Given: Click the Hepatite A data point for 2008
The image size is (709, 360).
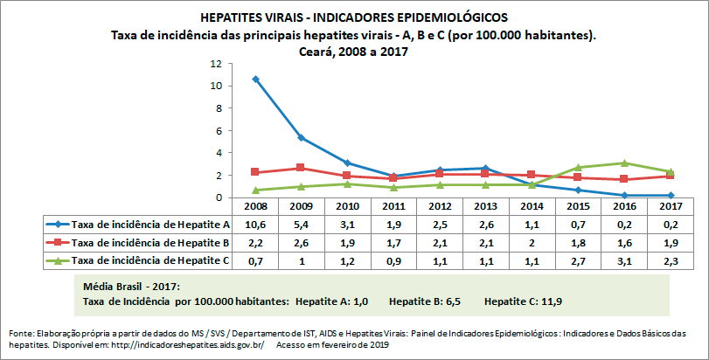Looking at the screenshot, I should [x=255, y=79].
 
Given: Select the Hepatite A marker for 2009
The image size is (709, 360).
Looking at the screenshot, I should [x=301, y=137].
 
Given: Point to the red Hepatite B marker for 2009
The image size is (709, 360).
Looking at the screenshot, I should [x=301, y=168].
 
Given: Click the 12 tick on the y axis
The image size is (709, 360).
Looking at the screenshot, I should [x=215, y=64].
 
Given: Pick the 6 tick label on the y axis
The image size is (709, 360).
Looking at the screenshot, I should [x=218, y=131].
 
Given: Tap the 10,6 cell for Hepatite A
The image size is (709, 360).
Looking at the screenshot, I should [x=255, y=225].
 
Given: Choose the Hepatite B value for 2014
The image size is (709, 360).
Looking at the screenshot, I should [x=532, y=241].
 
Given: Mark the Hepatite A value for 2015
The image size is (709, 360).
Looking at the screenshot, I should [x=579, y=225].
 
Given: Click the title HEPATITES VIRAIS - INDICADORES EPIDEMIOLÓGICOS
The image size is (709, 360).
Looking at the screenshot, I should [x=353, y=17].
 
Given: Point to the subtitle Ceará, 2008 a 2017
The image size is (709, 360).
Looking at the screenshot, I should [x=353, y=51].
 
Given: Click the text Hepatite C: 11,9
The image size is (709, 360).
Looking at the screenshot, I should [x=525, y=301].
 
